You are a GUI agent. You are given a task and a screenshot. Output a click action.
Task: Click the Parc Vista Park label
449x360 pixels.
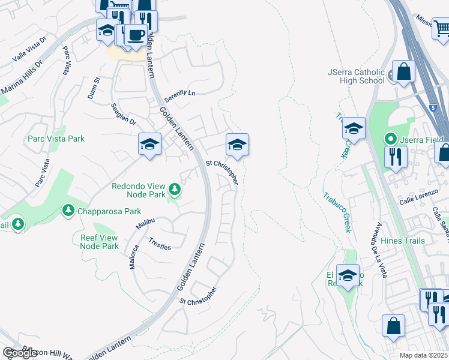point(56,139)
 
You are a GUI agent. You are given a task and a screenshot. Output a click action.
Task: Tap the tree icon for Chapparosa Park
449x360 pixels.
point(68,211)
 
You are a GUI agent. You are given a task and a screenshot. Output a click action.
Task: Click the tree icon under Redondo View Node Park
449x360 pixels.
point(175,190)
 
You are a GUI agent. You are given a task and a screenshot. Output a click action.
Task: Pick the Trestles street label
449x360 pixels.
point(159,247)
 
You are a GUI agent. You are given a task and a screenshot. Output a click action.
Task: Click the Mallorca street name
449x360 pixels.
point(133,256)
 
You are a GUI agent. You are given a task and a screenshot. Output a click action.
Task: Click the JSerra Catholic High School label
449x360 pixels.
point(356,76)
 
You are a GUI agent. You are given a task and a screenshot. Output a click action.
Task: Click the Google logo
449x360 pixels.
point(20,353)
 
